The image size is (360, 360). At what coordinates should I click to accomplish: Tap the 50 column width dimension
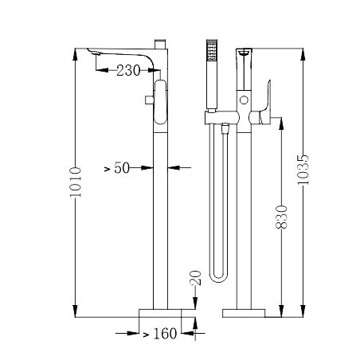click(122, 169)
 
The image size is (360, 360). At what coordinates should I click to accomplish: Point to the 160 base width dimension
click(164, 335)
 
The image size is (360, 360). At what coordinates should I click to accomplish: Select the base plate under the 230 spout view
click(168, 310)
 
